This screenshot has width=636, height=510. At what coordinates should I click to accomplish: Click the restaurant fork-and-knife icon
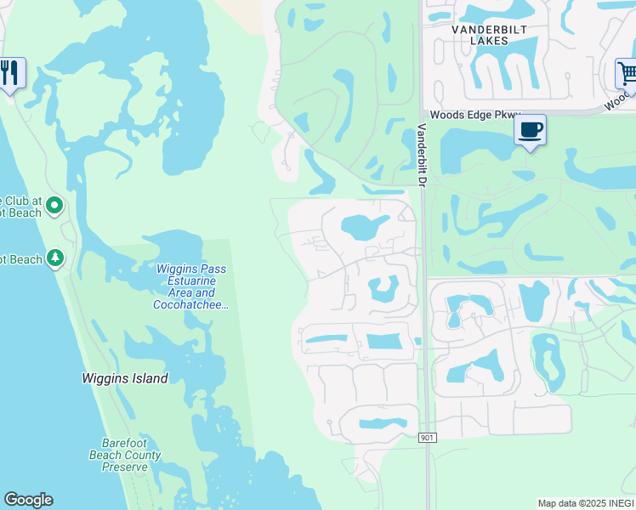coord(10,73)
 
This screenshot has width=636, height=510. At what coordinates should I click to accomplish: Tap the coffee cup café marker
coord(530,130)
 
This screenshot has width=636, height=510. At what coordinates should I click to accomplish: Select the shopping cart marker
coord(627,73)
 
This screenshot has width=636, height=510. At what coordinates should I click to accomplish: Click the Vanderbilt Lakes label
coord(481,34)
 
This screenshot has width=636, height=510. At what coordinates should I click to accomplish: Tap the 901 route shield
coord(427,438)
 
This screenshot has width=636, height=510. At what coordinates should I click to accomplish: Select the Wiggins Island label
coord(124,378)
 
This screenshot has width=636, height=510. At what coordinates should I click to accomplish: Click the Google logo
coord(28,500)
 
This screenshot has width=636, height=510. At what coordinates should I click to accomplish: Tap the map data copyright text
coord(584,503)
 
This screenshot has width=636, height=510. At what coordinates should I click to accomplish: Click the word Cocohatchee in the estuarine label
coord(191,304)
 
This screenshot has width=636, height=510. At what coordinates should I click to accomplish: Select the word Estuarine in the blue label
coord(191,280)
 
